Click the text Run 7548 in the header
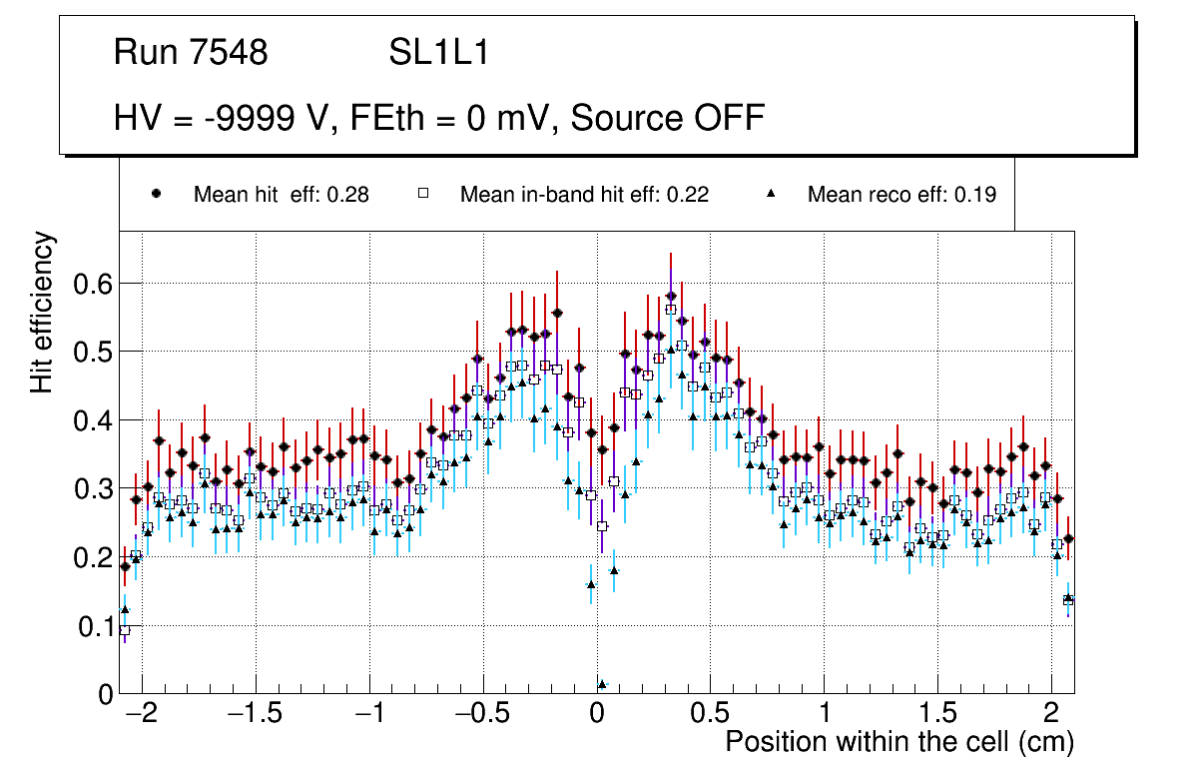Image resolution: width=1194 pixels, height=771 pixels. (191, 53)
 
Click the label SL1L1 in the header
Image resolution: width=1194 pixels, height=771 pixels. (439, 53)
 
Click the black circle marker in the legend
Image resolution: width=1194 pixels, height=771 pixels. (156, 195)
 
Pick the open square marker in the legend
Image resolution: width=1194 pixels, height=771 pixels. (423, 195)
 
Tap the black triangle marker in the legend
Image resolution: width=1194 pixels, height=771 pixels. (771, 195)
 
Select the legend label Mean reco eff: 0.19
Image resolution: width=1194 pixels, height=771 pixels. (901, 195)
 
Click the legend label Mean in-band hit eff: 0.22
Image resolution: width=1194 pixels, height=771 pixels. (584, 195)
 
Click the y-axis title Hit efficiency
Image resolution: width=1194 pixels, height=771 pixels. (42, 312)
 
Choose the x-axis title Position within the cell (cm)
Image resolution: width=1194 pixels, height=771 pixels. (898, 742)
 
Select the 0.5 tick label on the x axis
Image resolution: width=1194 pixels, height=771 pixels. (710, 714)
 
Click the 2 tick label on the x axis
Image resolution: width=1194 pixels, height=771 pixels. (1050, 714)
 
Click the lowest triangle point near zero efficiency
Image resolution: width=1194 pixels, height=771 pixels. (602, 684)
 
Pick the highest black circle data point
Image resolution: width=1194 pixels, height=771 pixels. (671, 296)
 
